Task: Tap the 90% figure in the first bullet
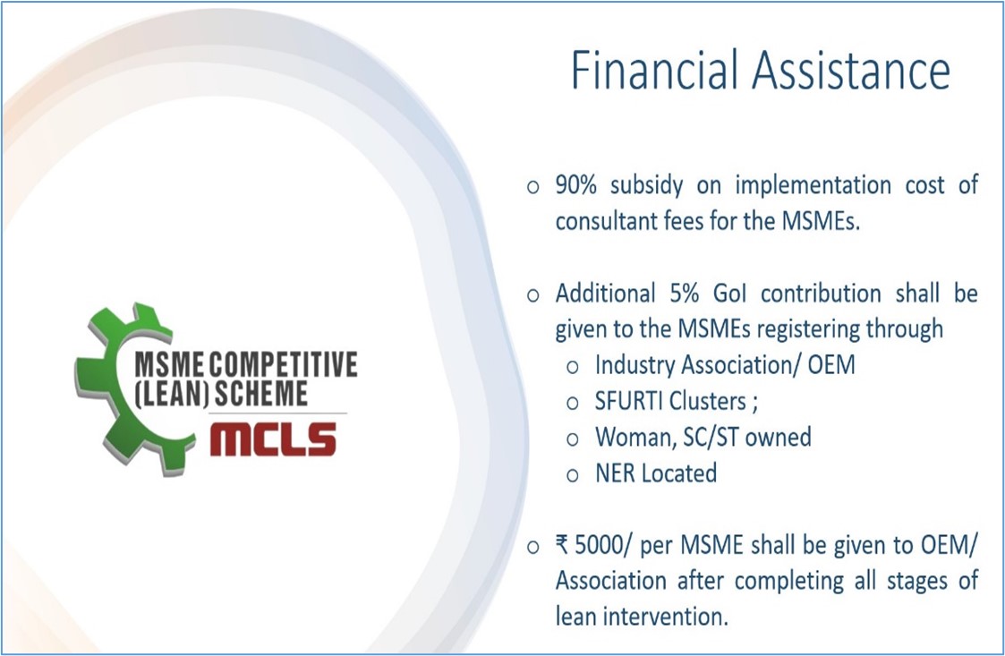coord(575,184)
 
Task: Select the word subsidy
coord(646,185)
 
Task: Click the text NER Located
coord(656,473)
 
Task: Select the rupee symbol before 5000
coord(561,545)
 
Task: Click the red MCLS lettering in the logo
coord(273,440)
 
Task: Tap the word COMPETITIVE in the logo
coord(284,365)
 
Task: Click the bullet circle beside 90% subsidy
coord(532,187)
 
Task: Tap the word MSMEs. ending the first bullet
coord(821,221)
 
